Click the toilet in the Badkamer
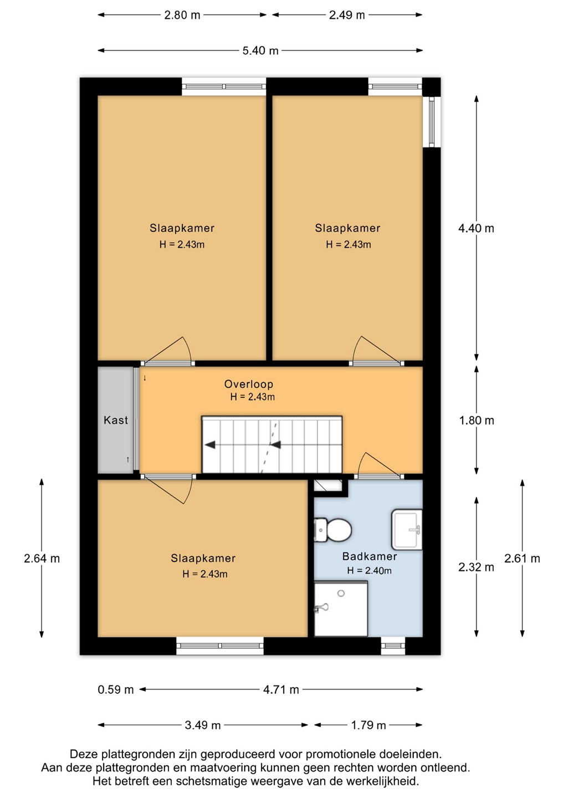click(x=332, y=530)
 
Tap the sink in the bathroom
click(x=407, y=529)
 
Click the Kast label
click(x=116, y=420)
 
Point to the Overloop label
click(x=249, y=384)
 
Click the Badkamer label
click(x=370, y=556)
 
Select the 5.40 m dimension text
click(x=260, y=50)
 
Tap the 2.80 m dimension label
click(x=182, y=15)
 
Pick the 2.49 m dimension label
click(x=347, y=15)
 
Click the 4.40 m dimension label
click(x=476, y=228)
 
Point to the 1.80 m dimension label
click(x=476, y=421)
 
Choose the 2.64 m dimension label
click(x=42, y=558)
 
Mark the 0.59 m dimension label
click(x=116, y=690)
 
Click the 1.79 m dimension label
click(x=368, y=725)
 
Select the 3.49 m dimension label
click(x=203, y=725)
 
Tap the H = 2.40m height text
click(x=369, y=570)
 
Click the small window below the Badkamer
click(x=393, y=646)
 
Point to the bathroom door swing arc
click(x=360, y=462)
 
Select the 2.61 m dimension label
click(x=522, y=558)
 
